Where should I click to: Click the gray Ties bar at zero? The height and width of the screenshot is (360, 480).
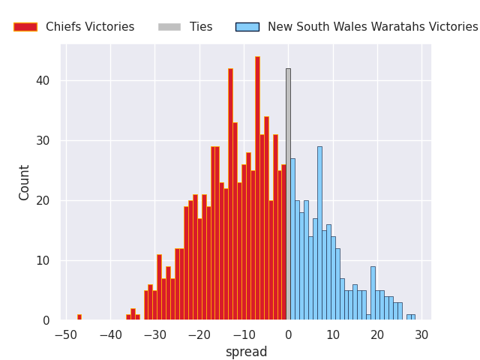pos(288,195)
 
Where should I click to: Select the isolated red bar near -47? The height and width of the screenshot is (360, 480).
pos(79,317)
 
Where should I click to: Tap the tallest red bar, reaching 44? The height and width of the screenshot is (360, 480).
pos(257,187)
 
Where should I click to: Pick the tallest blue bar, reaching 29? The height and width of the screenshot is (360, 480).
pos(319,232)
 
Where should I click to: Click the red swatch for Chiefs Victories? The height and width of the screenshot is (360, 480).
pos(25,27)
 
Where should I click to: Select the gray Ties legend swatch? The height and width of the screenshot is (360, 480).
pos(169,27)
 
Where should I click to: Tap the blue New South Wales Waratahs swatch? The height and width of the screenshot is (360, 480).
pos(247,27)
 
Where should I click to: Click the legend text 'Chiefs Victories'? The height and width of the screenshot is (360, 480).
pos(90,27)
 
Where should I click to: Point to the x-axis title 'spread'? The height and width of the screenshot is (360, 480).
pos(246,352)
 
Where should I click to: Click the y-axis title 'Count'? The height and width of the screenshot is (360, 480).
pos(25,182)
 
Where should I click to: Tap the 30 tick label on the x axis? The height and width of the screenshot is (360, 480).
pos(421,334)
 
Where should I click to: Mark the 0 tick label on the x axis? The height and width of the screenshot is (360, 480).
pos(288,334)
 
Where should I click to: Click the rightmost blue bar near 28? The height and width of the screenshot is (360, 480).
pos(412,317)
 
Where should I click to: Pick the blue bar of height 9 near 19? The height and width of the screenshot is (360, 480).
pos(373,293)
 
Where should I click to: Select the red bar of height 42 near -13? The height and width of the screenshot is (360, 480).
pos(230,195)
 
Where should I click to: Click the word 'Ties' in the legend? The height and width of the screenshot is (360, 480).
pos(201,27)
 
